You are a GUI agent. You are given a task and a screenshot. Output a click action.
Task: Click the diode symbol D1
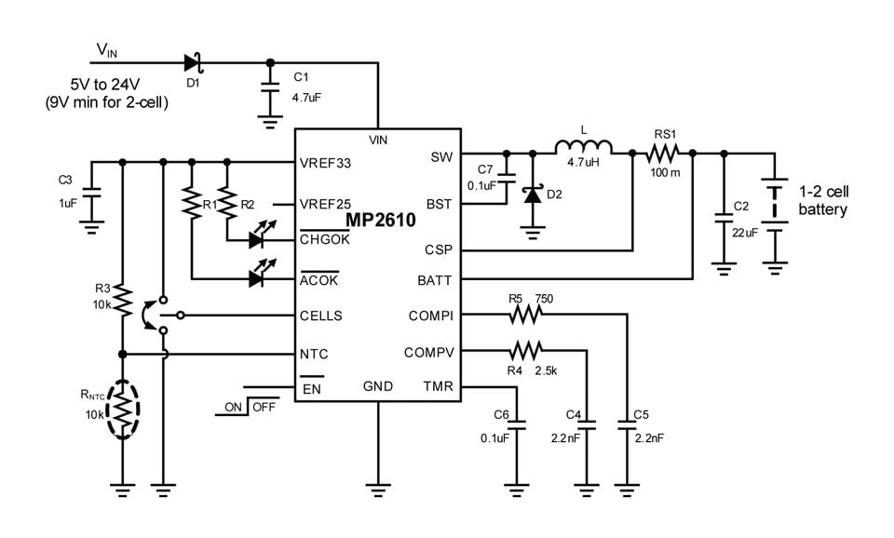192,63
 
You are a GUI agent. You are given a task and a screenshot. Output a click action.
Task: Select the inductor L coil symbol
583,148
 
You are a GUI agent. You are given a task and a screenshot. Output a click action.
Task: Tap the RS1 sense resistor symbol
668,153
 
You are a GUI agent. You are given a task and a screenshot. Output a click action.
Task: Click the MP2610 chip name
381,220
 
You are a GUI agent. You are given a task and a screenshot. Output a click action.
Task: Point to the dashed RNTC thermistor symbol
122,408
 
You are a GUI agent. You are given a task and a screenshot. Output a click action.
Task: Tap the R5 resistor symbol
525,316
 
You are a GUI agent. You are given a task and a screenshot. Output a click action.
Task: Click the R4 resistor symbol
525,351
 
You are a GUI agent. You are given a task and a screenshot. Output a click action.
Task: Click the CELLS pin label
320,316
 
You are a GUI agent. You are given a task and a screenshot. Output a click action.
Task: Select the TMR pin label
438,386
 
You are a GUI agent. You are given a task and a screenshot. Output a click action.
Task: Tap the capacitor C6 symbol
518,427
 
